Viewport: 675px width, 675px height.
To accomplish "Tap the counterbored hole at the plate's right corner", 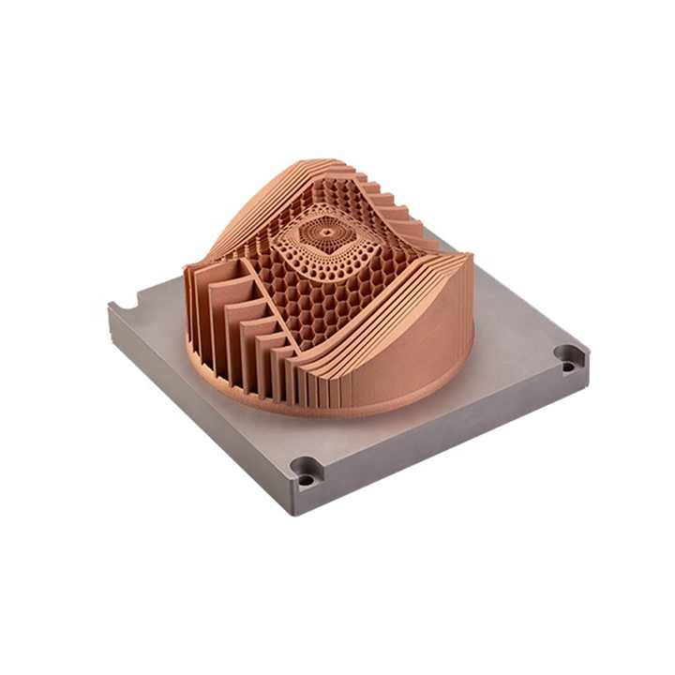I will point(568,356).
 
